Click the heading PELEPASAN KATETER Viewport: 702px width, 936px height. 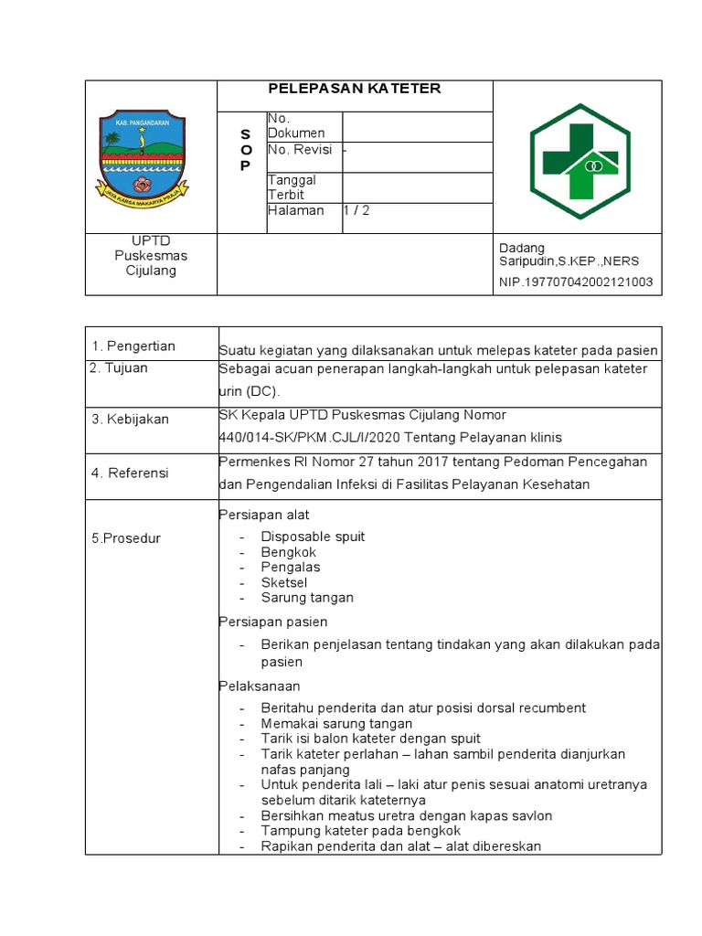[354, 89]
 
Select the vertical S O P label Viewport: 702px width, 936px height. [244, 150]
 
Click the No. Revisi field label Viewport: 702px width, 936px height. [299, 150]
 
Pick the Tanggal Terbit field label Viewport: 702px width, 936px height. [292, 187]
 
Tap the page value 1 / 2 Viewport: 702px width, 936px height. [356, 210]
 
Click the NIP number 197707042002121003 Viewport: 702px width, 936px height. [576, 282]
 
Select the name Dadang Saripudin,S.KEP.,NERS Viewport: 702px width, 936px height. [569, 255]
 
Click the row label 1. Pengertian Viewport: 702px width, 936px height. [133, 346]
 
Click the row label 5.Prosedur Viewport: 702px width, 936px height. [126, 538]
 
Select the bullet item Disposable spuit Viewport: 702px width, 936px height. [313, 537]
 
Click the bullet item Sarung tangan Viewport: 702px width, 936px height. [307, 598]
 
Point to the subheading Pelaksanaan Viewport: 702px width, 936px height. [260, 686]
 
